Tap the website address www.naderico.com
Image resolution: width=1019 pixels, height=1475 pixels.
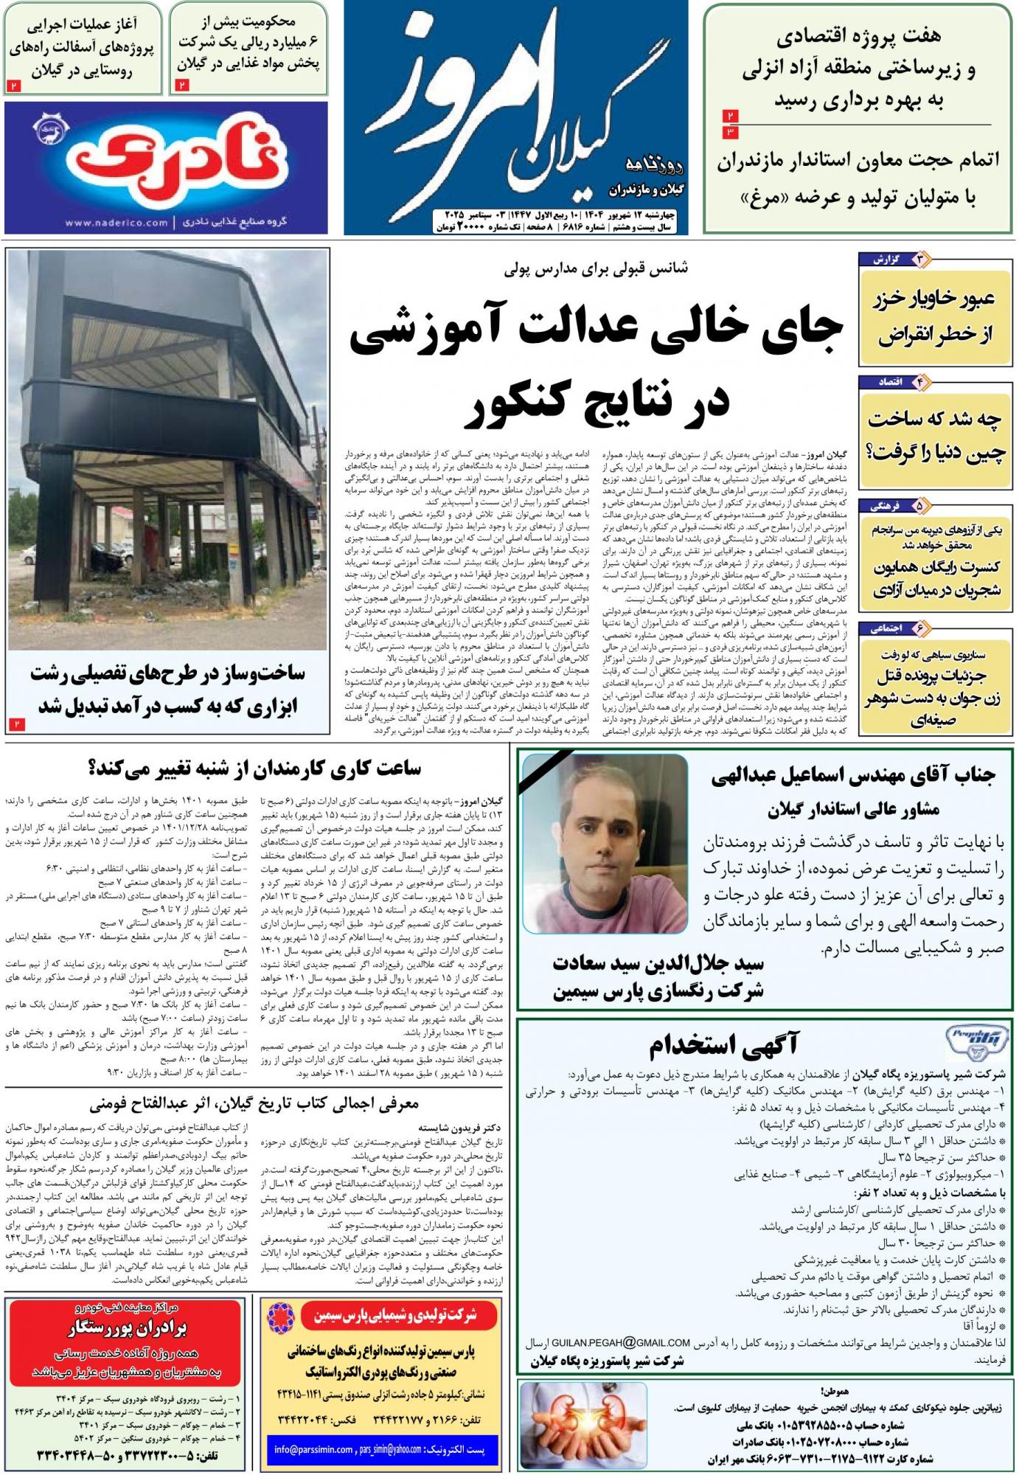pos(116,222)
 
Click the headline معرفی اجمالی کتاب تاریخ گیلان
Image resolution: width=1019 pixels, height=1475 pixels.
pos(254,1104)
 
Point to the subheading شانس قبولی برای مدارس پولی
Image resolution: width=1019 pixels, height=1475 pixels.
pos(596,268)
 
